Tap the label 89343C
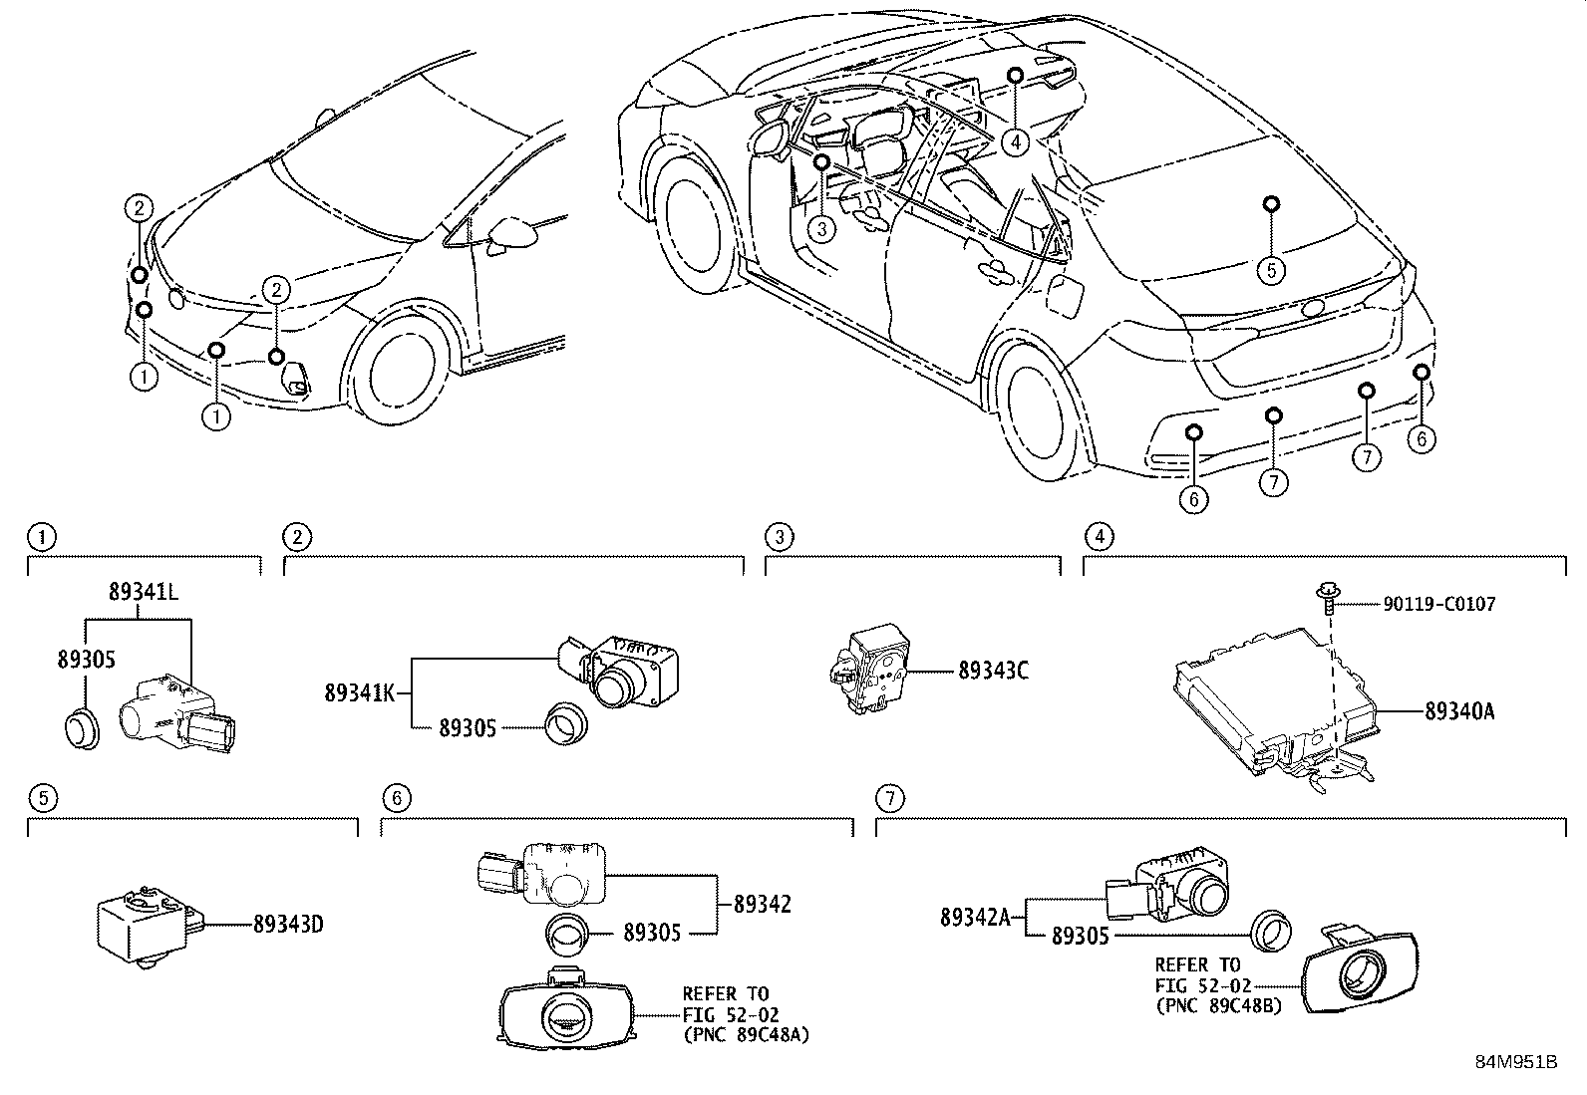(x=993, y=671)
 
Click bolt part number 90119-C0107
(x=1438, y=604)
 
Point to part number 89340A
(x=1459, y=711)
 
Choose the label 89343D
(x=287, y=925)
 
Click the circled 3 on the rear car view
(x=820, y=230)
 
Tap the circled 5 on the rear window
(x=1271, y=268)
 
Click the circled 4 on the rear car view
(x=1015, y=142)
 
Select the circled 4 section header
(x=1099, y=538)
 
